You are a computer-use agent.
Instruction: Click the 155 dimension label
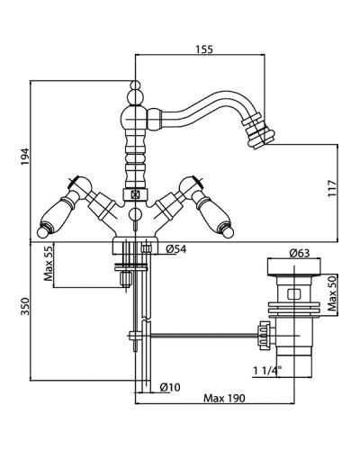pos(204,49)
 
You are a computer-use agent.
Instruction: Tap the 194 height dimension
pos(25,157)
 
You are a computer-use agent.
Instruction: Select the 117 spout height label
pos(332,188)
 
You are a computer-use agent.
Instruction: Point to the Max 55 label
pos(49,262)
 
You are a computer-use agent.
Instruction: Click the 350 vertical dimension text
pos(25,306)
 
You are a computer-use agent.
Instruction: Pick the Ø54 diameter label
pos(176,249)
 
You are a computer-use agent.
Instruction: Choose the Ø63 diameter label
pos(300,253)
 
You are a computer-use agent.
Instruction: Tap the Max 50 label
pos(332,293)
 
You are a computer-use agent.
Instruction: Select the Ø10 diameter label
pos(170,387)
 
